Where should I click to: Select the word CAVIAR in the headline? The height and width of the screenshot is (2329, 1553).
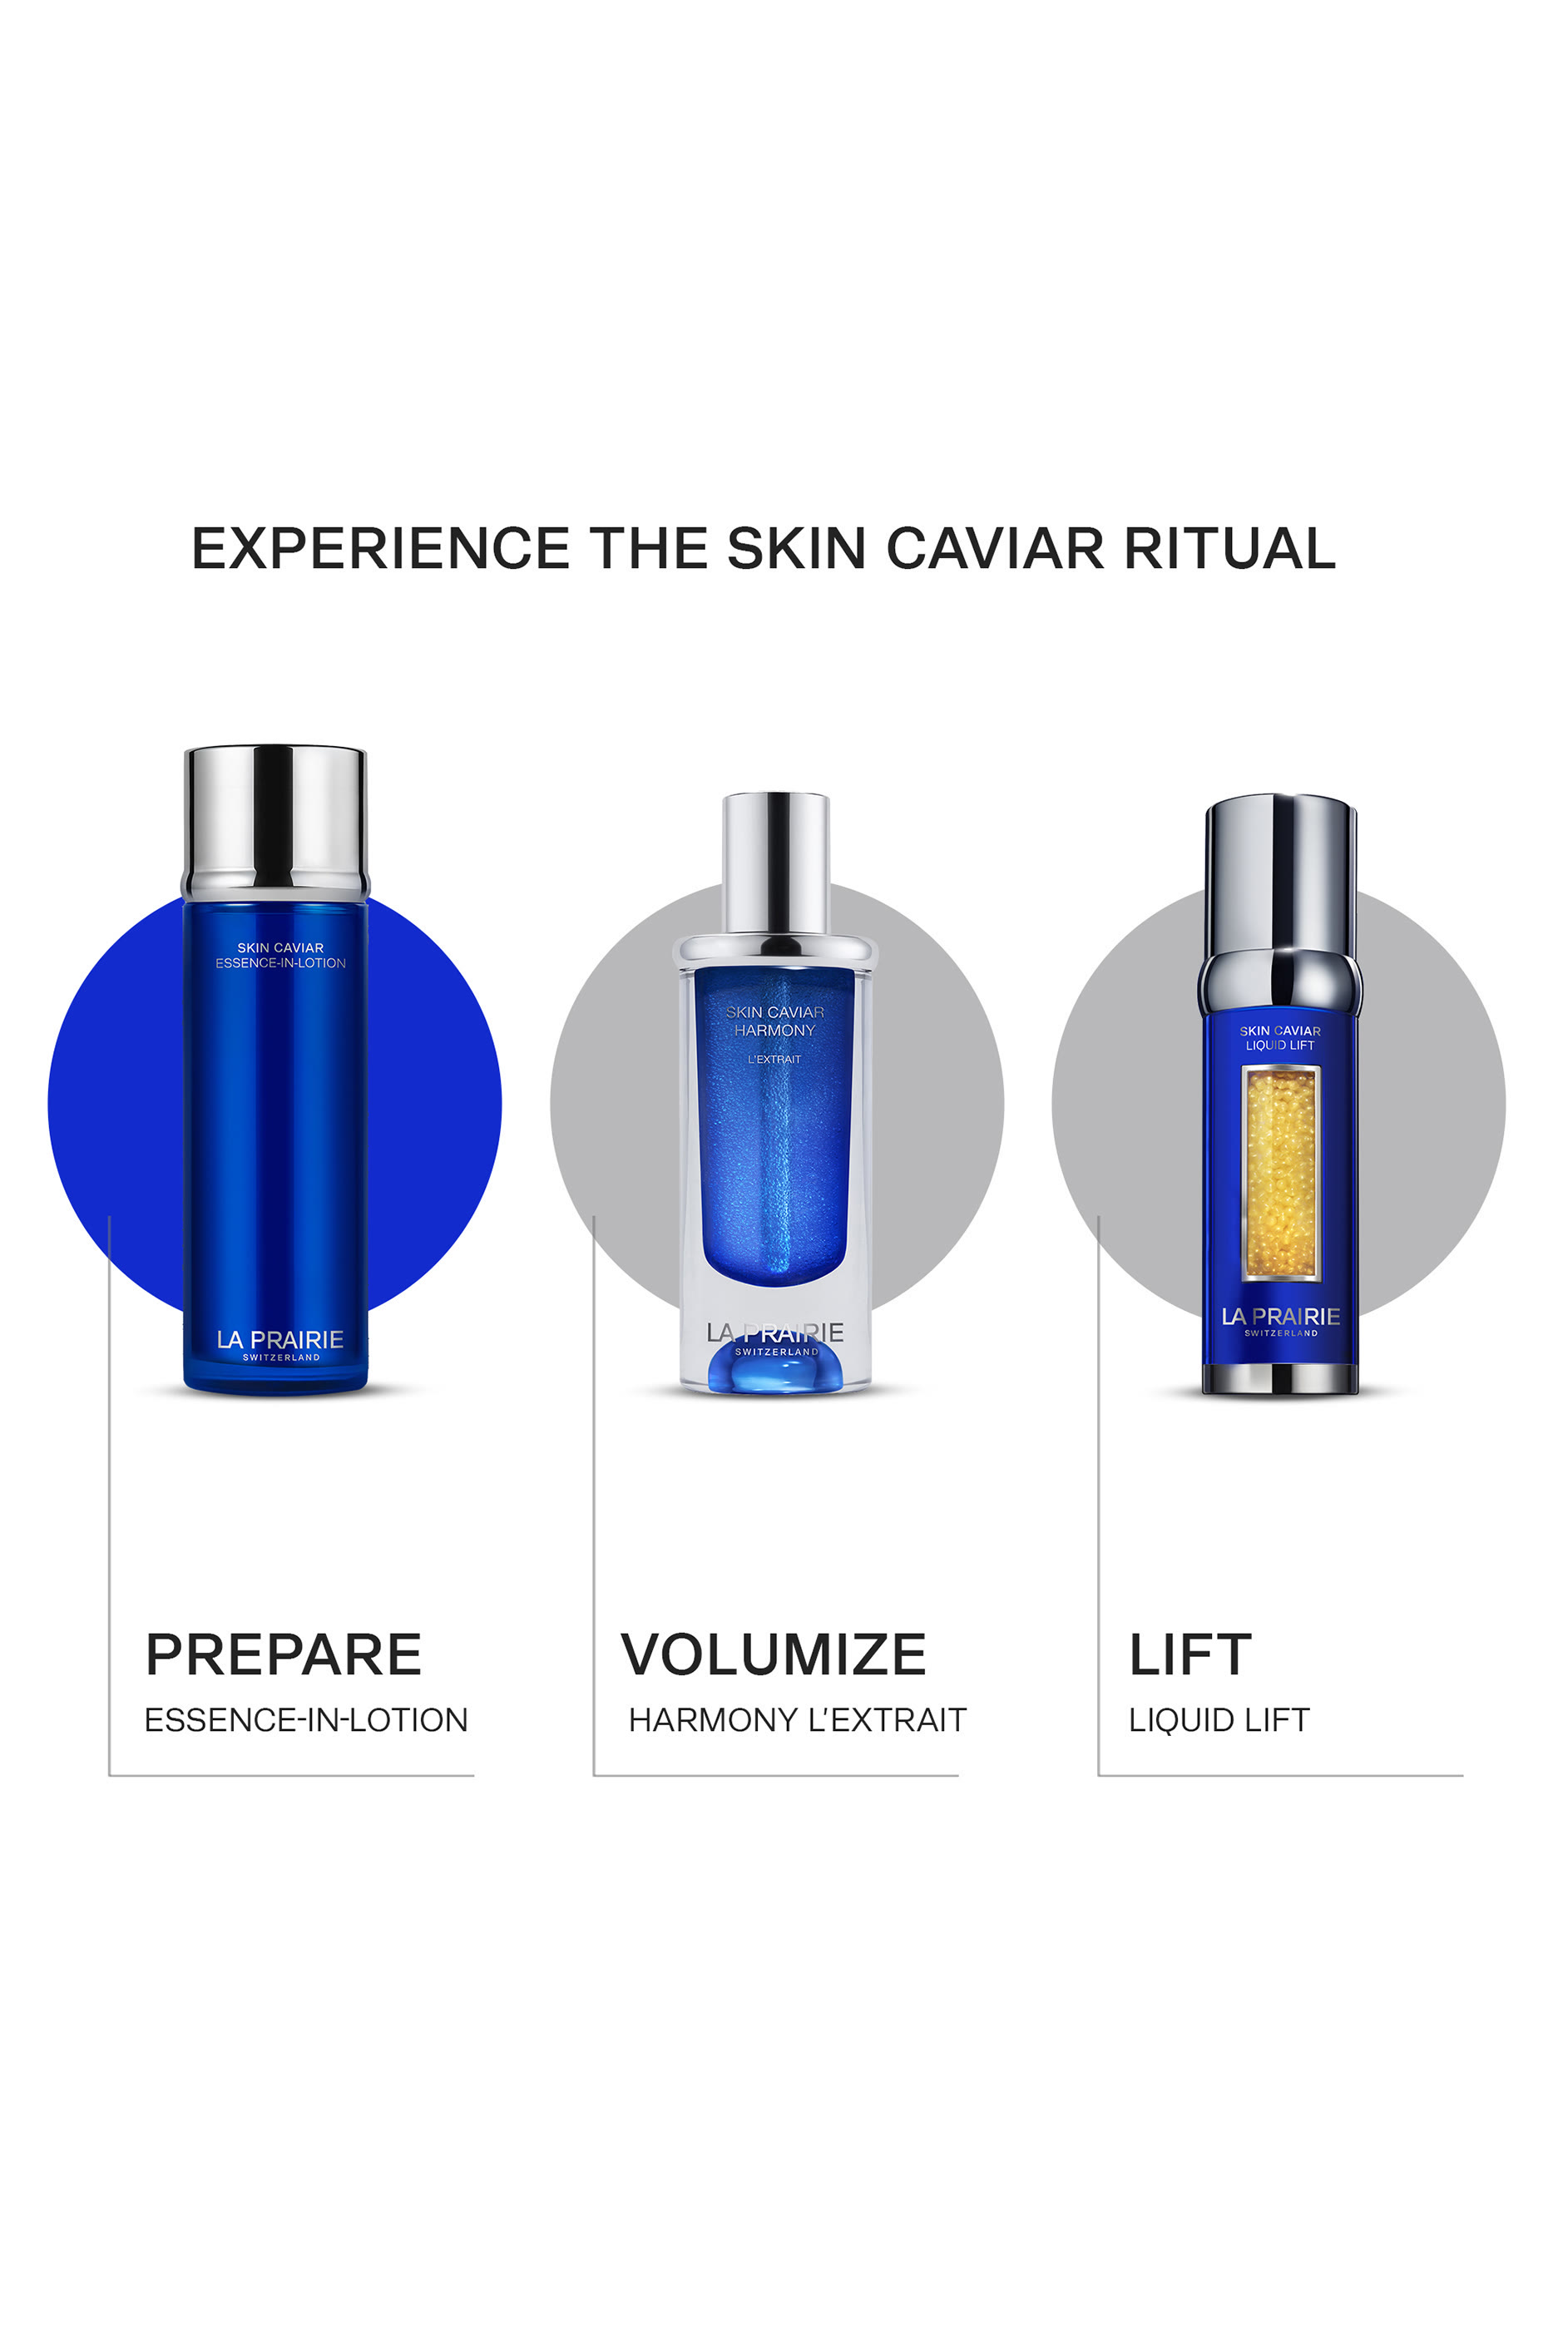coord(994,549)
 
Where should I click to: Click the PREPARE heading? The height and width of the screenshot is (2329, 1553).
coord(284,1654)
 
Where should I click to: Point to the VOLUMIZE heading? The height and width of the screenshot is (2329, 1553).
coord(773,1654)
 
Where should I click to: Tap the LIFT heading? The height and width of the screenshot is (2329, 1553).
coord(1189,1654)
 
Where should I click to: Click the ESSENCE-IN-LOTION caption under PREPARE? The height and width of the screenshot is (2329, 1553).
coord(306,1720)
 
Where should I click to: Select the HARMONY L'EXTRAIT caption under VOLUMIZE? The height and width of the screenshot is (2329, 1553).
coord(798,1720)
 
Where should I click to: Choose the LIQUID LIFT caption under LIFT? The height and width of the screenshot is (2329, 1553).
coord(1219,1720)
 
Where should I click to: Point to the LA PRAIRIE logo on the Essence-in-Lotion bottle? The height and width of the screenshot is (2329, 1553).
coord(280,1341)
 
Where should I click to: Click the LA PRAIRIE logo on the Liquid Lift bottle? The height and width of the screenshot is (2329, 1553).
coord(1281,1317)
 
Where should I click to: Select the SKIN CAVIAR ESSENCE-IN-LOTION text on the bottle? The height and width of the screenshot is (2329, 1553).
coord(280,956)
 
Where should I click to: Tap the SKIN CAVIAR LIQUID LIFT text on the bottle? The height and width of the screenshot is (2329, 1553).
coord(1279,1038)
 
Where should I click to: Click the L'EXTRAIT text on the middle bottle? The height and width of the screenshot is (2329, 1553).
coord(774,1060)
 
